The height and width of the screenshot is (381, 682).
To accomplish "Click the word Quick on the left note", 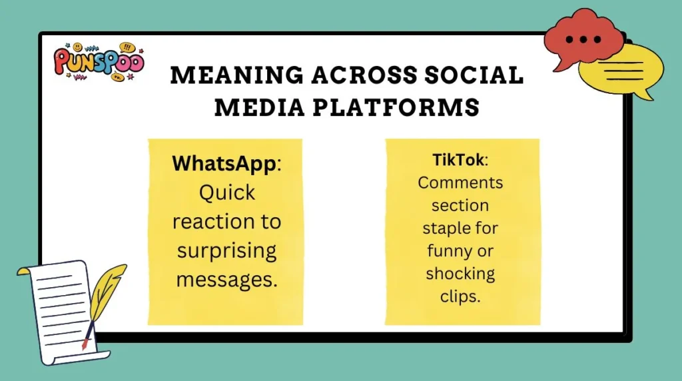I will pyautogui.click(x=226, y=192).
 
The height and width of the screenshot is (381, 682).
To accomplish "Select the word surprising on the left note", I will pyautogui.click(x=226, y=250).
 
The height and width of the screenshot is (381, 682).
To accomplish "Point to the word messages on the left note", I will pyautogui.click(x=226, y=279).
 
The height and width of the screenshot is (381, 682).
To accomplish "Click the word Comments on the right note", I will pyautogui.click(x=460, y=183).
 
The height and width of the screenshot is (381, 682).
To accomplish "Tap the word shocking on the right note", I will pyautogui.click(x=460, y=274).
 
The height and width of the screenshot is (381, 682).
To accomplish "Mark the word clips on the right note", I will pyautogui.click(x=460, y=296).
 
